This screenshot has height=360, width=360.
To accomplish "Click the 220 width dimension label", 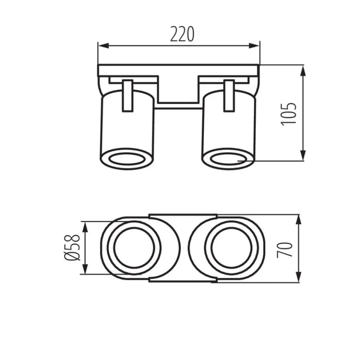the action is point(182,34).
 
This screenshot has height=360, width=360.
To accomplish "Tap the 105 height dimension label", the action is point(289,114).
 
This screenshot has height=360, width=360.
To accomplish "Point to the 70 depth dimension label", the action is point(285,250).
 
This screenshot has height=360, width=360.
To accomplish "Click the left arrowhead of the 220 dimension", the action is point(103,46).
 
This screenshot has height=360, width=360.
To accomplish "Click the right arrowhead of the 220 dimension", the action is point(254,46).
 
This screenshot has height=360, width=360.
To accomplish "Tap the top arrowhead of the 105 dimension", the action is point(303,71).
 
